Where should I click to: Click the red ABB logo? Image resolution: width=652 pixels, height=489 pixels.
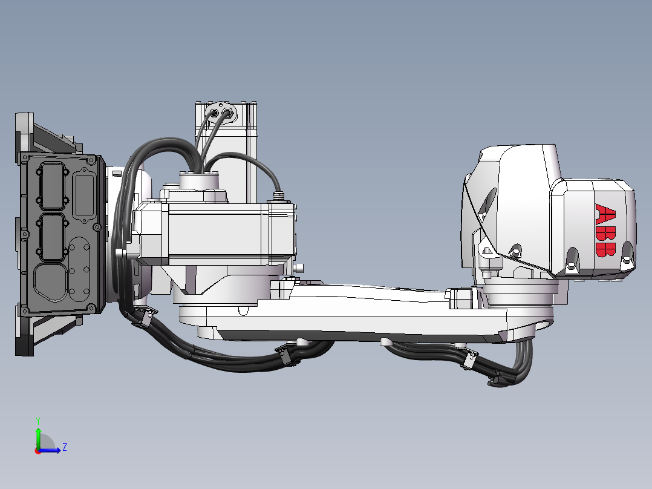(606, 231)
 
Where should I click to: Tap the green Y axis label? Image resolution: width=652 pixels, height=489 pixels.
(37, 419)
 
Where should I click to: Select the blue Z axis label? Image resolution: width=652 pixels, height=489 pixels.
(64, 447)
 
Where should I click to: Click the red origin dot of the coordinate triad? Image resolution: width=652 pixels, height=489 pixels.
(37, 450)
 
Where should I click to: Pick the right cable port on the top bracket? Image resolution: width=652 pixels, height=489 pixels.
(227, 112)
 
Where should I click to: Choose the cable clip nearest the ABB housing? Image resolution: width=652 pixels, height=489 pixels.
(468, 359)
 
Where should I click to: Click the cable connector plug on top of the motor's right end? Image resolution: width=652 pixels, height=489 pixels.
(279, 195)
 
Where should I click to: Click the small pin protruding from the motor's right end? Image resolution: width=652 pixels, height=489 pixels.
(299, 267)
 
